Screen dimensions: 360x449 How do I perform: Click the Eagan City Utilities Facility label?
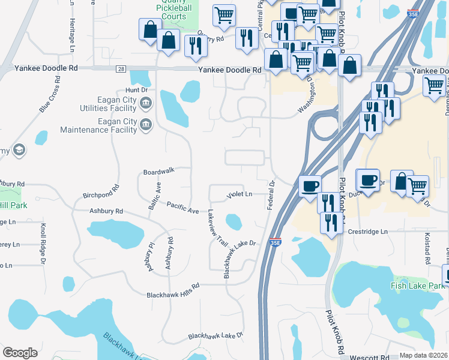coord(108,104)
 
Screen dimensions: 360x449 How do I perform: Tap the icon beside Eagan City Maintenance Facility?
coord(145,125)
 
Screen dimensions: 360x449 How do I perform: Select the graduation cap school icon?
coord(19,150)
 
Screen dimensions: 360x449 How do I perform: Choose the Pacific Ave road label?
coord(182,207)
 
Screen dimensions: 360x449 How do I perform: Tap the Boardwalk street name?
coord(158,172)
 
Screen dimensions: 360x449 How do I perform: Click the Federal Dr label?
coord(270,195)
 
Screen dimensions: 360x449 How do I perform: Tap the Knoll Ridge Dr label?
coord(43,244)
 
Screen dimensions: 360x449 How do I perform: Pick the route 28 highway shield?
coord(121,70)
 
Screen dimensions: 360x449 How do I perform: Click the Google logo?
coord(20,353)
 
